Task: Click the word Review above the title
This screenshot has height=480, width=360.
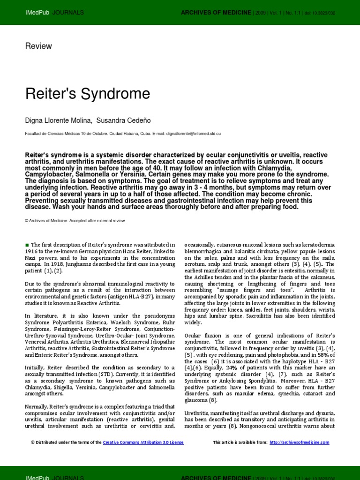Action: click(x=38, y=46)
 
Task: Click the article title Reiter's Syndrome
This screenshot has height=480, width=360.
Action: click(x=87, y=94)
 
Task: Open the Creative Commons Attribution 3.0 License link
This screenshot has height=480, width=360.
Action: click(x=143, y=442)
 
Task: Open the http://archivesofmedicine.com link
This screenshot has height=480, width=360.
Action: click(x=300, y=442)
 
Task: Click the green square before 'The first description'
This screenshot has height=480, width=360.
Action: click(x=27, y=245)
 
